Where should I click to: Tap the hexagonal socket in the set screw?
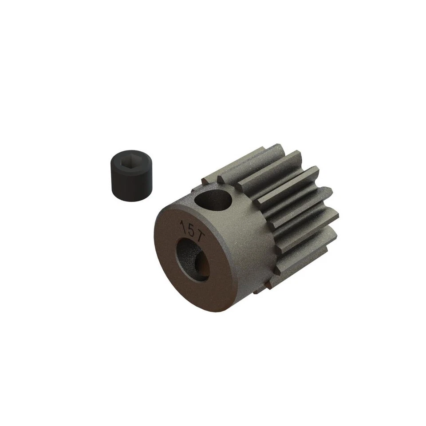[132, 162]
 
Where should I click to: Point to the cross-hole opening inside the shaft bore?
[202, 265]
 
